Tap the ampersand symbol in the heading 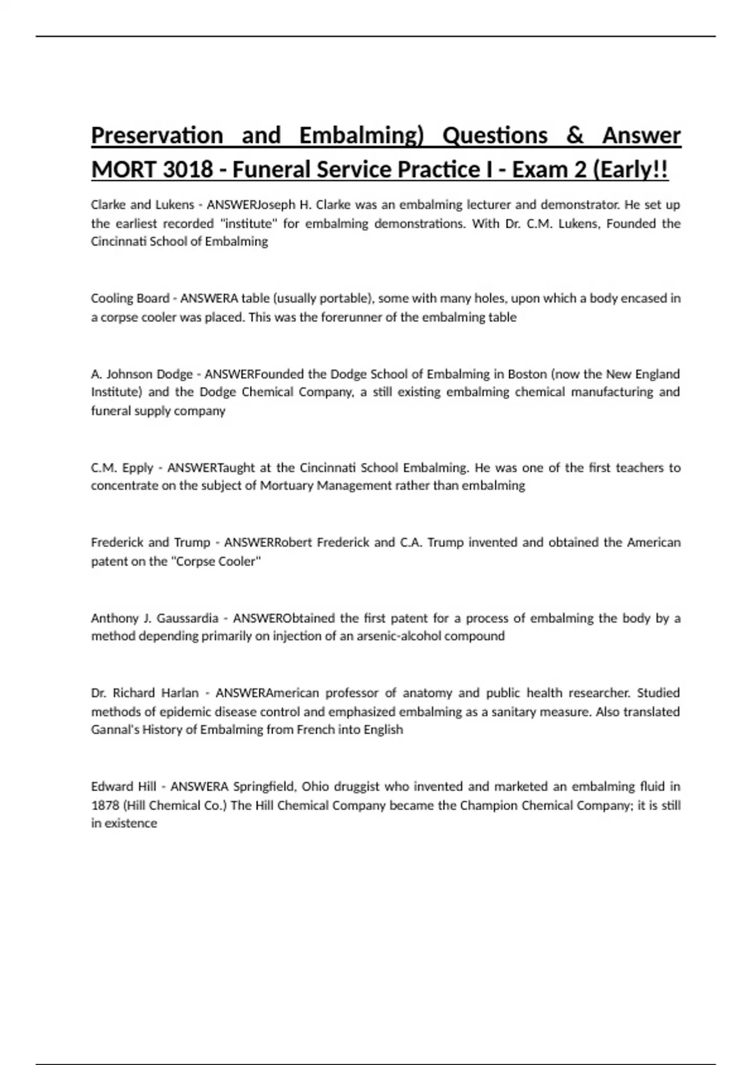[575, 135]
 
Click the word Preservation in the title [157, 135]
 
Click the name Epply [138, 467]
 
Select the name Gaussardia [187, 618]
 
